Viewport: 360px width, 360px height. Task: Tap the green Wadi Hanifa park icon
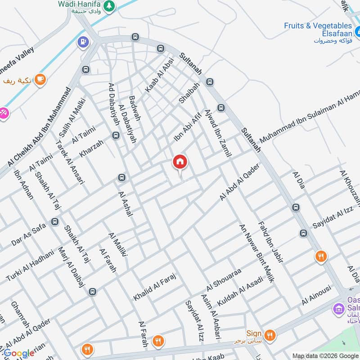coord(108,6)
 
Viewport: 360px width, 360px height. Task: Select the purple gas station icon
coord(84,42)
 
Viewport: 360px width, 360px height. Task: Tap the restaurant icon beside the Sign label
coord(270,334)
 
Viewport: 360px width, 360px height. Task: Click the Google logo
coord(19,353)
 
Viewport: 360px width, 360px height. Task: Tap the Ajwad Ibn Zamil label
coord(217,133)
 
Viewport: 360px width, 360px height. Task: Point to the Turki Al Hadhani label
coord(30,265)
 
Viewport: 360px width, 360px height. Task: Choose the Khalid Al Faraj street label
coord(153,286)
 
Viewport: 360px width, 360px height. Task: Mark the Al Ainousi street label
coord(316,295)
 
